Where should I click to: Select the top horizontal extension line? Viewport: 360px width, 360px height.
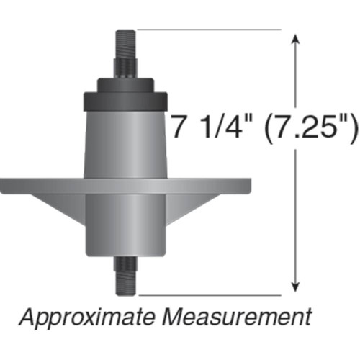(209, 30)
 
